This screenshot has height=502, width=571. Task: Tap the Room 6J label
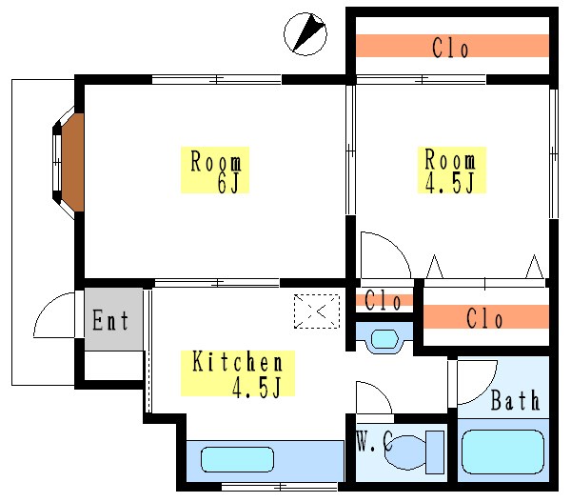[217, 171]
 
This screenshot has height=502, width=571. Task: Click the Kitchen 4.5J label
[238, 373]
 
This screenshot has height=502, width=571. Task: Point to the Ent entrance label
[110, 321]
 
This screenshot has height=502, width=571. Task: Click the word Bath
[515, 400]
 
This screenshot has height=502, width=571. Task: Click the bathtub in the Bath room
[502, 452]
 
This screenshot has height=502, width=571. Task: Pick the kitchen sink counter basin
[243, 459]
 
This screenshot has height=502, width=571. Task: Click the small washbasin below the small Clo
[384, 337]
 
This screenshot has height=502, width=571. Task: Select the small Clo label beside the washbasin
[383, 301]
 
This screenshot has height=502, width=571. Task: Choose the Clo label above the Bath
[484, 318]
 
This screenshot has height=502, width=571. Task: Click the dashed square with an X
[316, 311]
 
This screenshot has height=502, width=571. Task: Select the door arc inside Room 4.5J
[385, 254]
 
